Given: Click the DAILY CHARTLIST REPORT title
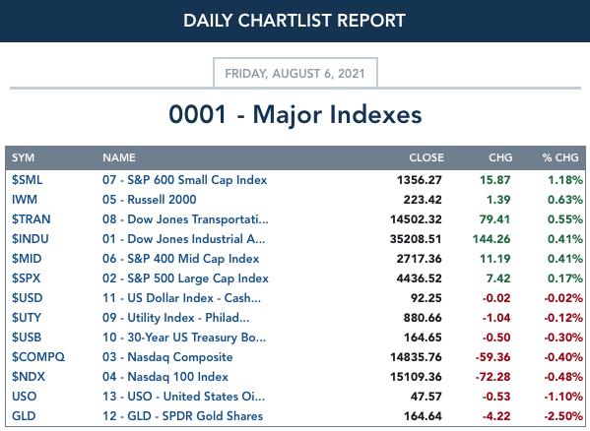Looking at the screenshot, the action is click(295, 21).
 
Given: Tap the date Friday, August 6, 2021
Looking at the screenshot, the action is click(295, 73).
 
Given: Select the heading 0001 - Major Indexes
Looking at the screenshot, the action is click(295, 114).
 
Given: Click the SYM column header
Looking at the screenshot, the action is click(23, 157).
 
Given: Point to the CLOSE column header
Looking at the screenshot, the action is click(426, 157).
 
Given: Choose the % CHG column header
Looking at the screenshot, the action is click(559, 157).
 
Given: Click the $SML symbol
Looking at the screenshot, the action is click(27, 180).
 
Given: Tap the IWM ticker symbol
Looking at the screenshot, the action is click(25, 200).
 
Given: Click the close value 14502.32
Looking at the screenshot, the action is click(416, 219).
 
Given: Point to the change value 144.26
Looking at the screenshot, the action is click(492, 239).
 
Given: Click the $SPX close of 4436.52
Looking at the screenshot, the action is click(419, 278).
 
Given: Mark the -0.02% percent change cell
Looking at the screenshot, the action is click(563, 298).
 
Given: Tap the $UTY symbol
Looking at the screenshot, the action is click(27, 318).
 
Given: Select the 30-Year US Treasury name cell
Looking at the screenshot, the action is click(184, 338).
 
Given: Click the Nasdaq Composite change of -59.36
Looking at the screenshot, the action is click(492, 357).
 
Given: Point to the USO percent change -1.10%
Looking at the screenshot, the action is click(563, 397).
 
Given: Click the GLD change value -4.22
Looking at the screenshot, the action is click(496, 416).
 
